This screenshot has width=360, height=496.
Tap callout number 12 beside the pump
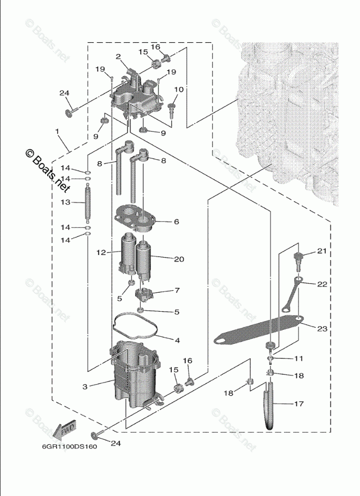(x=101, y=252)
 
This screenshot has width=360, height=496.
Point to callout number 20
(x=179, y=259)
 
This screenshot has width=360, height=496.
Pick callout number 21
(x=321, y=251)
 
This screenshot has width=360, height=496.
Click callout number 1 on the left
(x=57, y=132)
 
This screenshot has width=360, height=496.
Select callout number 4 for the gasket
(x=177, y=340)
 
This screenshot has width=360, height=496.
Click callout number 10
(x=179, y=89)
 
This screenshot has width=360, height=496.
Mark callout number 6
(x=177, y=221)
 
